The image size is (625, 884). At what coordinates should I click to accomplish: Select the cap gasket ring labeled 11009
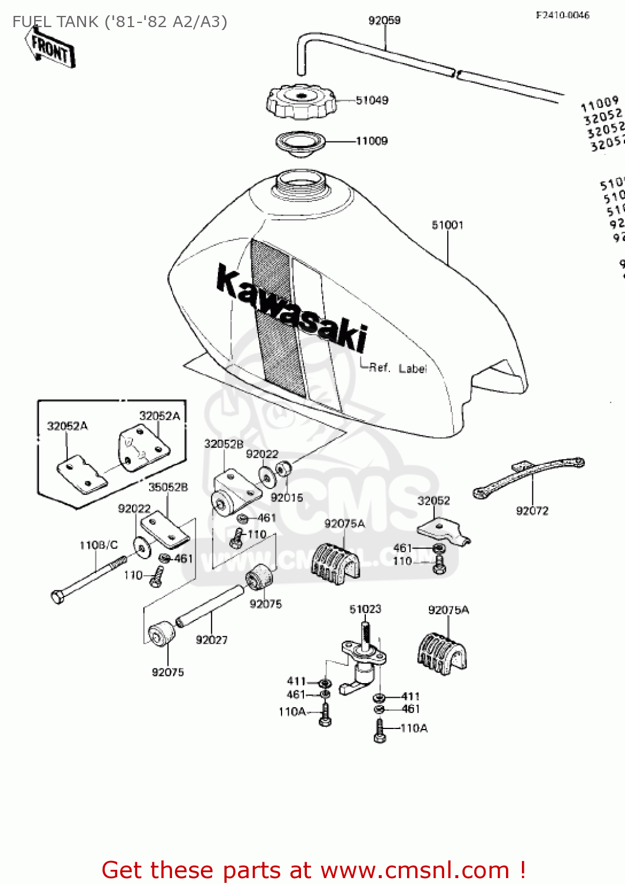pyautogui.click(x=300, y=143)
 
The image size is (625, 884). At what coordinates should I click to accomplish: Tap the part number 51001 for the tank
pyautogui.click(x=447, y=225)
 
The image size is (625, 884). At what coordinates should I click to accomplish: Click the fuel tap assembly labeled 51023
pyautogui.click(x=362, y=660)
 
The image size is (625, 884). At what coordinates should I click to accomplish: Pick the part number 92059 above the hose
pyautogui.click(x=384, y=21)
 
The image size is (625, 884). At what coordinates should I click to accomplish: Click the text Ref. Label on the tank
pyautogui.click(x=398, y=368)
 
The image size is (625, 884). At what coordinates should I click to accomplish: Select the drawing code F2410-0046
pyautogui.click(x=562, y=15)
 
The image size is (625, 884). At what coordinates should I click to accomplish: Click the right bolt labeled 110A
pyautogui.click(x=380, y=731)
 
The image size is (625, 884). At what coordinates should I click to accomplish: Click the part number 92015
pyautogui.click(x=287, y=498)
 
